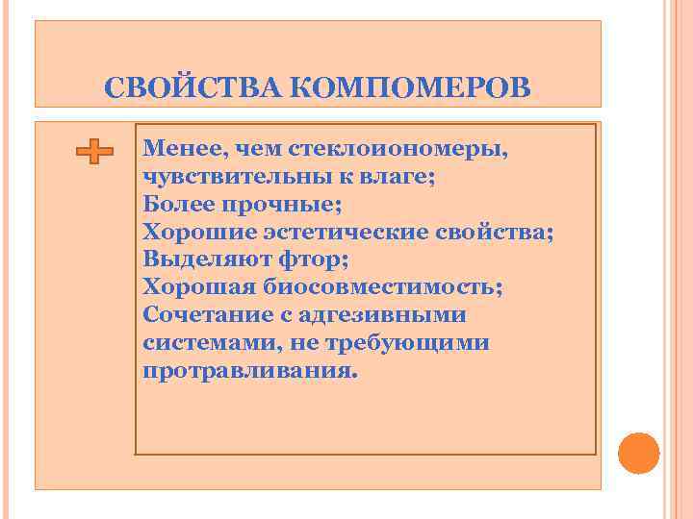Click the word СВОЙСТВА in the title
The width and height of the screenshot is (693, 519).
point(192,87)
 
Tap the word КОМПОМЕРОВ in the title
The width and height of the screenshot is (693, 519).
point(408,87)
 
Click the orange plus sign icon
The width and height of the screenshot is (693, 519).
point(94,152)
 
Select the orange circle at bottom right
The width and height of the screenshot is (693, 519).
point(638,453)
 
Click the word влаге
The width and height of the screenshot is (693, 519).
point(399,177)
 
